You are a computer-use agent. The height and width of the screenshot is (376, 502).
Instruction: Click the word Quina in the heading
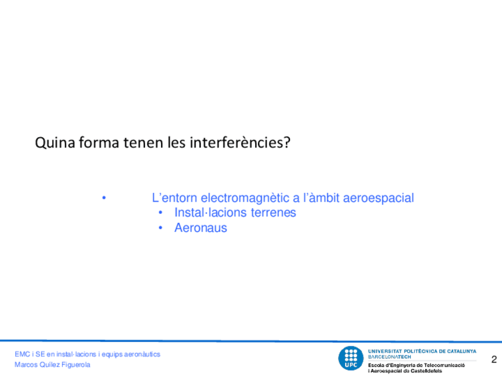point(55,142)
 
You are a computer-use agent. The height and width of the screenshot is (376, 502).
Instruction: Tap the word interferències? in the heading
point(240,142)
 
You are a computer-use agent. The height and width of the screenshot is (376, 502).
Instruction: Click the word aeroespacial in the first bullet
point(378,198)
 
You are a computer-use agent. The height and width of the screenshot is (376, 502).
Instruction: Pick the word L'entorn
point(175,198)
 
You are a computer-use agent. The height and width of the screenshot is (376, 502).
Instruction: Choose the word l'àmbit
point(321,198)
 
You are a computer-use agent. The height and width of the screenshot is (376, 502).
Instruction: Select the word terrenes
point(273,213)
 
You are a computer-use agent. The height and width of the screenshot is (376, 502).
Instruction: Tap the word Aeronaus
point(201,228)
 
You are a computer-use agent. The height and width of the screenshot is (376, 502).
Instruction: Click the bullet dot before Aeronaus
point(160,228)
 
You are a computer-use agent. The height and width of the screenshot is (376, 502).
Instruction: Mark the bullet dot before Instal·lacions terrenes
point(160,212)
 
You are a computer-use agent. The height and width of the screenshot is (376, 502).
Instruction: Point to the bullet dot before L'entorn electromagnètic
point(104,198)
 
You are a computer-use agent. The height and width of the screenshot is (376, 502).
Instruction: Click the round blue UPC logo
point(350,358)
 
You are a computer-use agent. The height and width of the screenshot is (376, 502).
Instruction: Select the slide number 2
point(494,359)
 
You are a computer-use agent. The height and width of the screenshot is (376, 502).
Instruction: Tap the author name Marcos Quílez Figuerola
point(53,365)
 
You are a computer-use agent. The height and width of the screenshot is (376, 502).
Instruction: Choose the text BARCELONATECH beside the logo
point(390,357)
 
